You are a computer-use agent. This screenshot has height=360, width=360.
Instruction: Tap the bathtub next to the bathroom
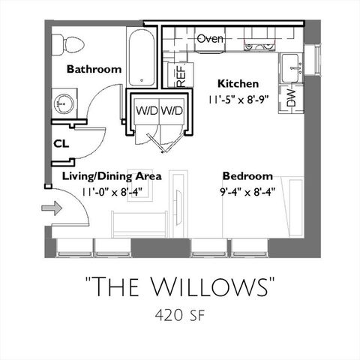[x=142, y=58]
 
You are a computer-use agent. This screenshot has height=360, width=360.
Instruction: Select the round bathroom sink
[x=62, y=103]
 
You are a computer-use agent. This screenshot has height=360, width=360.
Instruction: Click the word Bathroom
[x=94, y=69]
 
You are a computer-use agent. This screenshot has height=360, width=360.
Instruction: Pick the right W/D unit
[x=171, y=110]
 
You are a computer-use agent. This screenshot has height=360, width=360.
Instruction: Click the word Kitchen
[x=238, y=83]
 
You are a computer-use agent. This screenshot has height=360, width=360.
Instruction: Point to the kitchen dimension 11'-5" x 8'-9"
[x=238, y=97]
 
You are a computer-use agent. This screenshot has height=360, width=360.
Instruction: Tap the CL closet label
[x=61, y=143]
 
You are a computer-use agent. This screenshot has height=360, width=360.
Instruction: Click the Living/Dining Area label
[x=112, y=176]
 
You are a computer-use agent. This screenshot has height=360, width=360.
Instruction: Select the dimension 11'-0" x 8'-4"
[x=112, y=191]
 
